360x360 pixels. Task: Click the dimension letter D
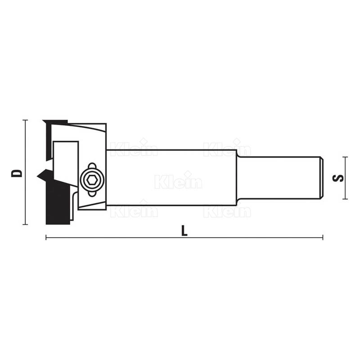tap(17, 173)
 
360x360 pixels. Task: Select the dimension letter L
tap(184, 230)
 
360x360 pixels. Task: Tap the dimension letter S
tap(338, 178)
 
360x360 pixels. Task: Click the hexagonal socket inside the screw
tap(92, 180)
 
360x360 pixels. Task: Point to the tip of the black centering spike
tap(37, 176)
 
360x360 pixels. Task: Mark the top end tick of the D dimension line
tap(25, 120)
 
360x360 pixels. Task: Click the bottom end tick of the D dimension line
tap(25, 224)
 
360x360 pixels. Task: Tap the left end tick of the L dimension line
tap(46, 237)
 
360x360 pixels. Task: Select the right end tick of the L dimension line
tap(323, 237)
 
